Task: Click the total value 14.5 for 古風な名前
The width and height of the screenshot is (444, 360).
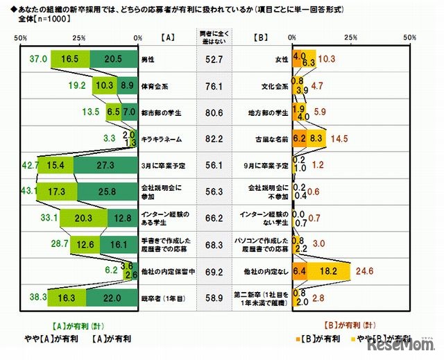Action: (x=341, y=139)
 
